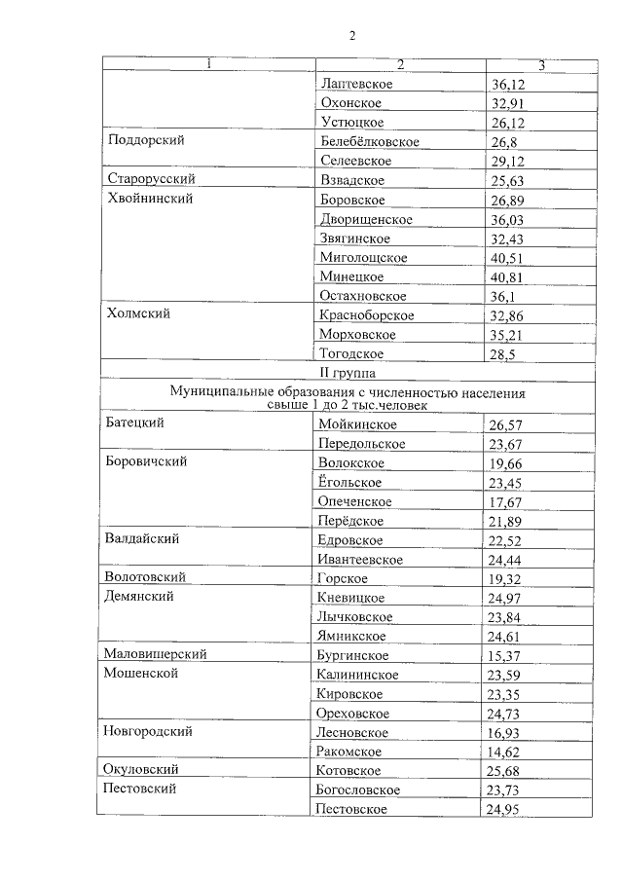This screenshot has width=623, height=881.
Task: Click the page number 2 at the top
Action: pyautogui.click(x=353, y=37)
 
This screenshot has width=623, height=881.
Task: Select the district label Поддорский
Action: pyautogui.click(x=147, y=140)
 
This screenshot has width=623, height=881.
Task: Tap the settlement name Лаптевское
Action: pyautogui.click(x=355, y=85)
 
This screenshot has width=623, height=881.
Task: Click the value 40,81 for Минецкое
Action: pyautogui.click(x=510, y=277)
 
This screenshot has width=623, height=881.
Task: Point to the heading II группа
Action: pyautogui.click(x=353, y=371)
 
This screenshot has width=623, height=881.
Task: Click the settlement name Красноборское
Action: pyautogui.click(x=366, y=315)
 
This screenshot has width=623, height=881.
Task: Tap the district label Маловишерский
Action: pyautogui.click(x=155, y=654)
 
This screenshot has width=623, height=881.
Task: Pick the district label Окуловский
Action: pyautogui.click(x=142, y=769)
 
